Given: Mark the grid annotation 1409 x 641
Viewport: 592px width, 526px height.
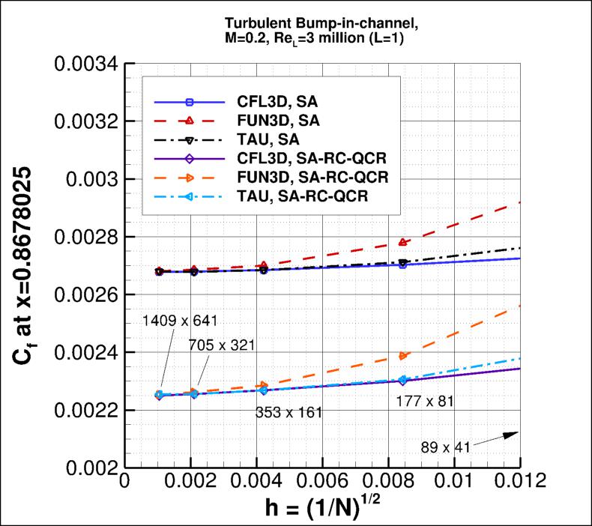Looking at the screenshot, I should click(x=180, y=321).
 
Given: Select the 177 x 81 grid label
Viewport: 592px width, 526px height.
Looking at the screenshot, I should click(x=424, y=402).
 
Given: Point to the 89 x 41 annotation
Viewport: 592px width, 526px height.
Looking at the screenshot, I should click(x=445, y=447).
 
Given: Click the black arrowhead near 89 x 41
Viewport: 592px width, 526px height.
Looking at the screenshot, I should click(x=511, y=434).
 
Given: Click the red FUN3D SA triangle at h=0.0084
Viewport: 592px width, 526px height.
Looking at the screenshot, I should click(x=403, y=242).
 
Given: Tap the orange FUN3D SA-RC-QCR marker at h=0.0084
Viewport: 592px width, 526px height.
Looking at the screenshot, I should click(x=403, y=356).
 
